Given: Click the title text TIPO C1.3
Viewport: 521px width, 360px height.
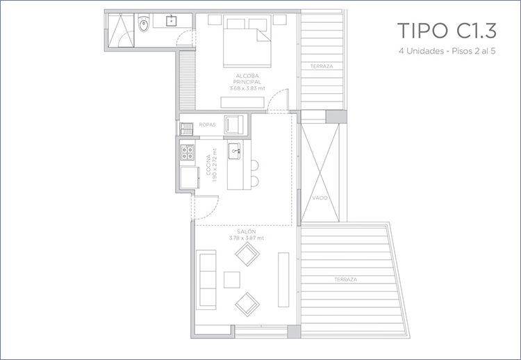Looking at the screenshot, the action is (x=447, y=31).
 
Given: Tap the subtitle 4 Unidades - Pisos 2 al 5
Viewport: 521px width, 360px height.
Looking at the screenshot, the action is (x=447, y=51).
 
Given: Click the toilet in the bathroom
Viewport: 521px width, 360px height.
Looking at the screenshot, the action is (x=144, y=23).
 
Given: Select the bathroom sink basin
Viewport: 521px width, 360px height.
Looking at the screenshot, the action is (x=171, y=21).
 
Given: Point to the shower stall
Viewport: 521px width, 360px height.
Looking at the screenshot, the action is (x=121, y=31).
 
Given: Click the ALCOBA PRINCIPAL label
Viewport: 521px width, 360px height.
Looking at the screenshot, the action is (x=247, y=79).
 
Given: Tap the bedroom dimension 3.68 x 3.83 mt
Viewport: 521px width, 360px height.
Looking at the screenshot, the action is (x=247, y=88).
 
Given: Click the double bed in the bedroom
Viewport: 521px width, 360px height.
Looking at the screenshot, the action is (x=247, y=41).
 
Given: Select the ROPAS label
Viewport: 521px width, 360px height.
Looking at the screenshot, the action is (x=207, y=124).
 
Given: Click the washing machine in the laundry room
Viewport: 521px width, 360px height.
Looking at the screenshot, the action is (x=234, y=124).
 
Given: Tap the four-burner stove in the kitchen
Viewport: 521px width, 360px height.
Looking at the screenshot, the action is (x=188, y=153).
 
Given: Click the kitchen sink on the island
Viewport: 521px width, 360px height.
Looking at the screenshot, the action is (x=235, y=152).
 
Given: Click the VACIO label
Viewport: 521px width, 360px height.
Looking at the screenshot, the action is (x=320, y=198).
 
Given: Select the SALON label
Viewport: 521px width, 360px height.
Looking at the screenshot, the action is (x=247, y=231).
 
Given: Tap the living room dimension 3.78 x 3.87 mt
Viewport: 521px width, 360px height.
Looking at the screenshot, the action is (x=247, y=238).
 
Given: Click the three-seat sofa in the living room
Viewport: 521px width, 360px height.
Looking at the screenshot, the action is (x=206, y=279).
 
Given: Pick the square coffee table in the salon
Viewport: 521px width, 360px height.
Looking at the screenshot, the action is (x=232, y=279).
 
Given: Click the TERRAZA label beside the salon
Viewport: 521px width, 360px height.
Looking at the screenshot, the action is (x=345, y=279).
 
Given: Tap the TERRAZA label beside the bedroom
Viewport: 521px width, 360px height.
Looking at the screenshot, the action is (x=322, y=66).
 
